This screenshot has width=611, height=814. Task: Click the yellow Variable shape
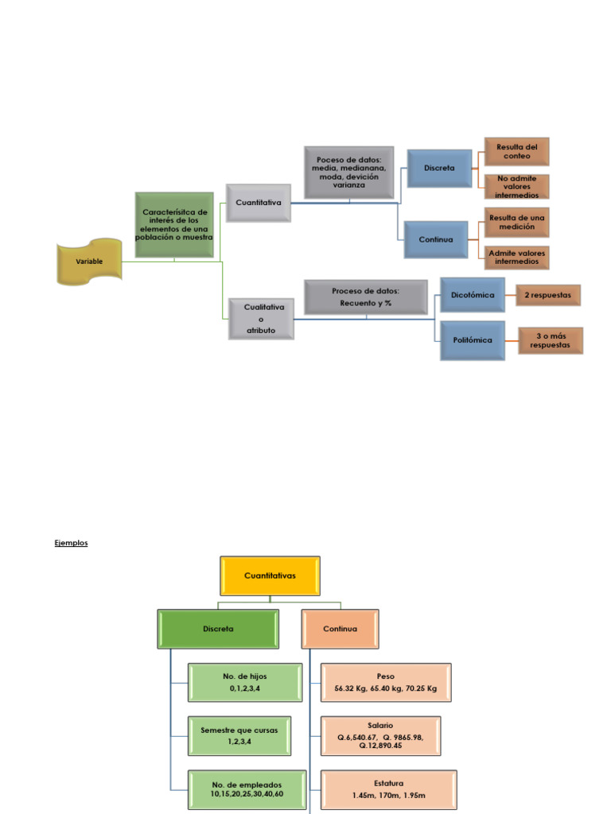tap(89, 262)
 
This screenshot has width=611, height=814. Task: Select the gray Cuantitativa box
tap(259, 203)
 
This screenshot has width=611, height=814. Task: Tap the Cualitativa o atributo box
tap(261, 319)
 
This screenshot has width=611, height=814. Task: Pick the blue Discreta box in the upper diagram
tap(439, 169)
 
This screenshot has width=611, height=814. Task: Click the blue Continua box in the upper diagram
tap(436, 239)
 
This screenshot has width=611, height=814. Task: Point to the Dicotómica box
tap(473, 295)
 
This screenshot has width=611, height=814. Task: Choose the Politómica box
tap(473, 340)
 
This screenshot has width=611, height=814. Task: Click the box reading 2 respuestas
tap(548, 295)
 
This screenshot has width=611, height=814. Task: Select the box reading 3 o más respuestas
tap(551, 340)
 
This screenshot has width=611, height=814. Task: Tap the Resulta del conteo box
tap(517, 152)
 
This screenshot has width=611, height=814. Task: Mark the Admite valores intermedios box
tap(517, 258)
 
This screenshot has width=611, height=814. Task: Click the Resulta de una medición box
tap(517, 223)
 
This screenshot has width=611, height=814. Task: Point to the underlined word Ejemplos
tap(71, 543)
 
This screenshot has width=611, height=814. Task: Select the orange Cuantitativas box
tap(270, 576)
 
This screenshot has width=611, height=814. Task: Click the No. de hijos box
tap(245, 682)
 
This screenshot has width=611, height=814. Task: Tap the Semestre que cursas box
tap(239, 735)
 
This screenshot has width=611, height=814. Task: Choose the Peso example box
tap(386, 682)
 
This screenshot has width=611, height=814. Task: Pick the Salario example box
tap(380, 735)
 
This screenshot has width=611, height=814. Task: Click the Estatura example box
tap(388, 789)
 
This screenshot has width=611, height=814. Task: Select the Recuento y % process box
tap(366, 297)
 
